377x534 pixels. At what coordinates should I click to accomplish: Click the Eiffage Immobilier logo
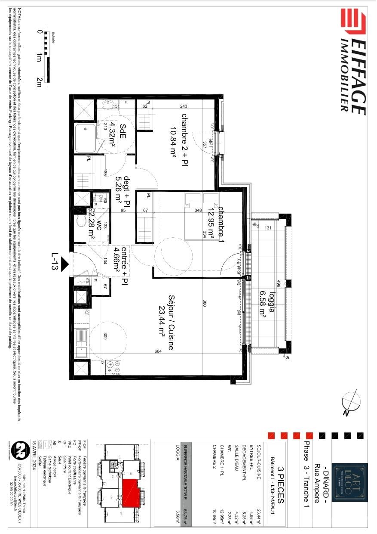(352, 62)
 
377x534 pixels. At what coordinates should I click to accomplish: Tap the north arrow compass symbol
(351, 402)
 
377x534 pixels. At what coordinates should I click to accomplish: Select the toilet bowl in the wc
(81, 221)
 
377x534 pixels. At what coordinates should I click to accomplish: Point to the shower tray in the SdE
(86, 138)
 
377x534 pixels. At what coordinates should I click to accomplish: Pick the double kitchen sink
(81, 344)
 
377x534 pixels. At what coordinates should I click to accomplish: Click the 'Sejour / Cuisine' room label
(171, 322)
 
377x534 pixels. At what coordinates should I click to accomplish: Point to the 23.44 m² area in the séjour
(162, 324)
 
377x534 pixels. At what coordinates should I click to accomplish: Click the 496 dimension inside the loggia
(279, 284)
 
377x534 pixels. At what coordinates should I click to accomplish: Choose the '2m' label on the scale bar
(39, 82)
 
